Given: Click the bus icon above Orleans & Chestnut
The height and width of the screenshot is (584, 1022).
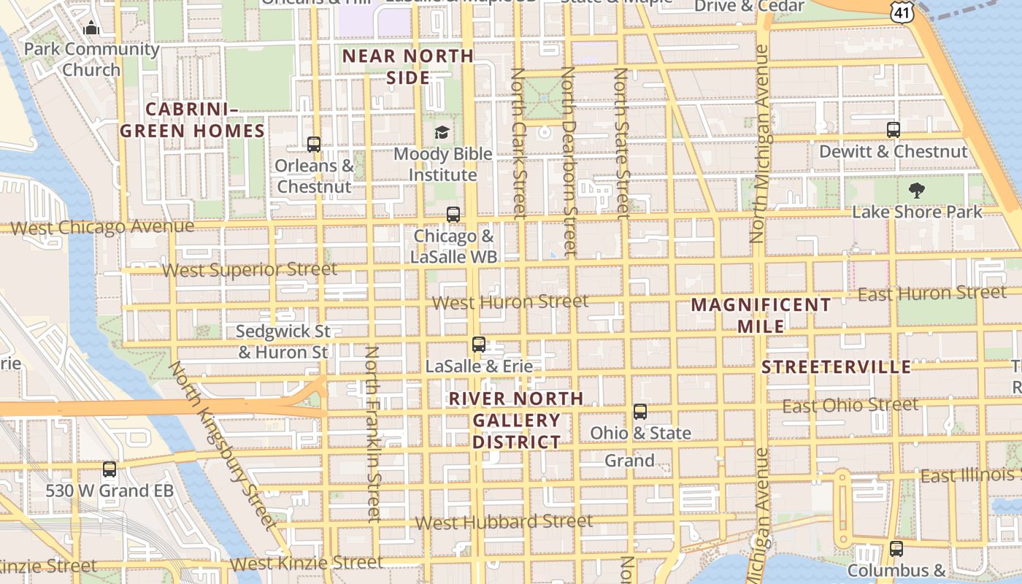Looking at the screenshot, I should (314, 145).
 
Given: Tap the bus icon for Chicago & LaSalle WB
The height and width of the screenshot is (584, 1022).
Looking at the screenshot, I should (453, 215).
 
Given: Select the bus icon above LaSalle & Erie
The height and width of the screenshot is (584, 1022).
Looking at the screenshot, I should (479, 345).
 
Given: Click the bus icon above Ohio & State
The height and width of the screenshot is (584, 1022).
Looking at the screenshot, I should (640, 412).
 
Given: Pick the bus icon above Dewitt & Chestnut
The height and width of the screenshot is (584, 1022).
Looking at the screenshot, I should (894, 130).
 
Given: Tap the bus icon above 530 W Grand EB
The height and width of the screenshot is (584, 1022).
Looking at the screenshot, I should (109, 469).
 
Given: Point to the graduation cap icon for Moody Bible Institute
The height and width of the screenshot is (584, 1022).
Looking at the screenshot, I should (442, 132).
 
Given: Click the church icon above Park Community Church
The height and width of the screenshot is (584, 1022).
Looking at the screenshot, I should (91, 28).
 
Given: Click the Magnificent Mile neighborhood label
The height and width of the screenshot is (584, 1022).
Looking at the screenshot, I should (761, 315).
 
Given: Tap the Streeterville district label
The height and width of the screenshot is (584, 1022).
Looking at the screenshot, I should (837, 367).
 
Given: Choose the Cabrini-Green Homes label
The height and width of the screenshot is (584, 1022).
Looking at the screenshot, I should (192, 120).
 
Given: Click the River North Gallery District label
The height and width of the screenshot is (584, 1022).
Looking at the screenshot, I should (516, 420).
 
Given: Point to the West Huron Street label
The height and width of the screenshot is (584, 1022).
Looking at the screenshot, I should (510, 301).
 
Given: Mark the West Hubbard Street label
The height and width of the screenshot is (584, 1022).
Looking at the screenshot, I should (504, 522).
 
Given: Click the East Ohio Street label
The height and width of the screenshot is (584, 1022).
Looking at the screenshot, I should (850, 405).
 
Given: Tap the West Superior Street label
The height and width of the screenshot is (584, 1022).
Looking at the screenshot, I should (249, 270).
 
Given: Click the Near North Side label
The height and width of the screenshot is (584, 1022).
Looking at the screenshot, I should (408, 66).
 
